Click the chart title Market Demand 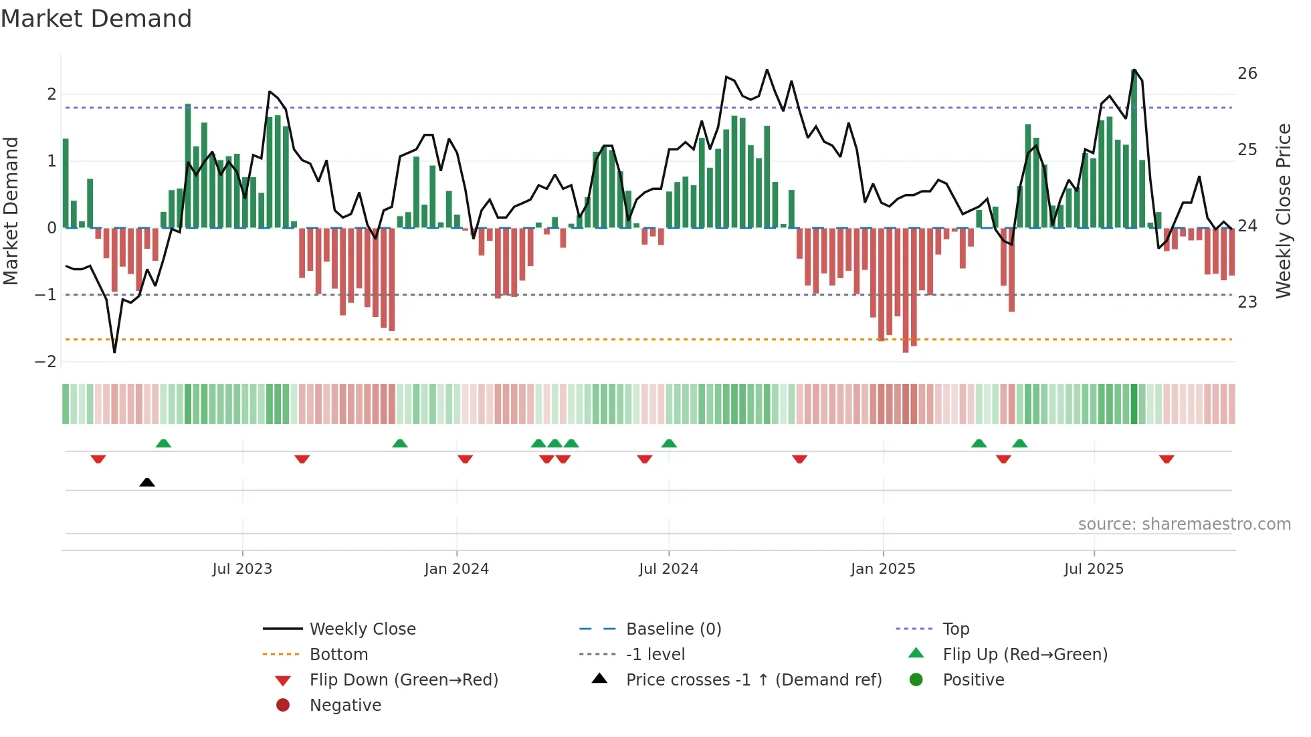[x=96, y=19]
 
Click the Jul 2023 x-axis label [x=242, y=569]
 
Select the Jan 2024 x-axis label [x=456, y=569]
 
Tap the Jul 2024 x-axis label [x=668, y=569]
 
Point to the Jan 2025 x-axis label [x=882, y=569]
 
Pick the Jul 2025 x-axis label [x=1094, y=569]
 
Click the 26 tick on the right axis [x=1247, y=74]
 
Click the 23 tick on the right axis [x=1247, y=302]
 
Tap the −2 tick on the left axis [x=45, y=362]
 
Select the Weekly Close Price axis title [x=1283, y=211]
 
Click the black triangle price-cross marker [x=147, y=482]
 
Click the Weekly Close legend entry [x=362, y=629]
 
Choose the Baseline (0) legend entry [x=673, y=629]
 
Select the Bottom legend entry [x=338, y=655]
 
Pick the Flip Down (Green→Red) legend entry [x=403, y=680]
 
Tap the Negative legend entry [x=345, y=706]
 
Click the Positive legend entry [x=973, y=680]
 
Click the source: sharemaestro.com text [x=1184, y=524]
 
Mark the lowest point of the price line [x=114, y=352]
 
